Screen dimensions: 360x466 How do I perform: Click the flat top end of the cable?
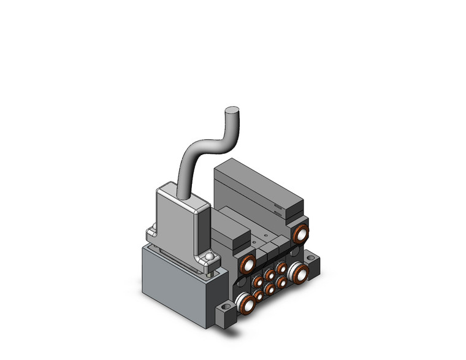click(232, 111)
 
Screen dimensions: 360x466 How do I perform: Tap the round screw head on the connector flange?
click(210, 257)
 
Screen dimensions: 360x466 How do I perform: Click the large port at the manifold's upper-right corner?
click(300, 234)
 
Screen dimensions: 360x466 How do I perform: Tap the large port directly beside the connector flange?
click(248, 265)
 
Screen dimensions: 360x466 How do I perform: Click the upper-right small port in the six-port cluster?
click(281, 268)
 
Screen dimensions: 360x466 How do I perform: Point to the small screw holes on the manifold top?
click(265, 235)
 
